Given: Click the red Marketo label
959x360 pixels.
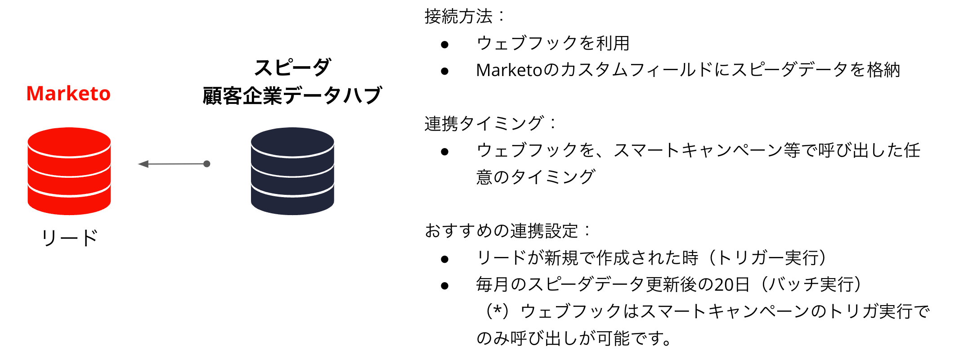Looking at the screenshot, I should (68, 94).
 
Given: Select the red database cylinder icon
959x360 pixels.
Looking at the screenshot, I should (69, 171).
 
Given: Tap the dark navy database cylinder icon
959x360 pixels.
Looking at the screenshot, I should (292, 171).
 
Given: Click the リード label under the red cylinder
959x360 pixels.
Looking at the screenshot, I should (70, 238).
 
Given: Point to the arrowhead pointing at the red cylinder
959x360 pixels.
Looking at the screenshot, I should (143, 164).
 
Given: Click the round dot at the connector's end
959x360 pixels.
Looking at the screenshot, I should (207, 164).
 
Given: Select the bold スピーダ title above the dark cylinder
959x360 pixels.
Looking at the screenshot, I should (292, 67).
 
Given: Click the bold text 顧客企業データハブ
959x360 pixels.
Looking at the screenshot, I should (292, 95).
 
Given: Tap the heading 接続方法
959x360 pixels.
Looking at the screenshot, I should (459, 17).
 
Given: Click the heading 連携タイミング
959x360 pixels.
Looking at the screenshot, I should (484, 123).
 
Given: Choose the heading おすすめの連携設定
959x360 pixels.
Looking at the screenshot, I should (501, 231).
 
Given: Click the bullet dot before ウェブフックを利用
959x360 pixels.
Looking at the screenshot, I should (445, 44).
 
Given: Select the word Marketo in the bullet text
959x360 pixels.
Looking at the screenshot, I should (509, 70).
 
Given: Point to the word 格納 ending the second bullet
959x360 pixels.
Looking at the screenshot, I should (883, 70).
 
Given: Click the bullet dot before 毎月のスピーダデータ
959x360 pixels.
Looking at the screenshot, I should (445, 285).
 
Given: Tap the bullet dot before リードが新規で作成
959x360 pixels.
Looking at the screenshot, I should (445, 259).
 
